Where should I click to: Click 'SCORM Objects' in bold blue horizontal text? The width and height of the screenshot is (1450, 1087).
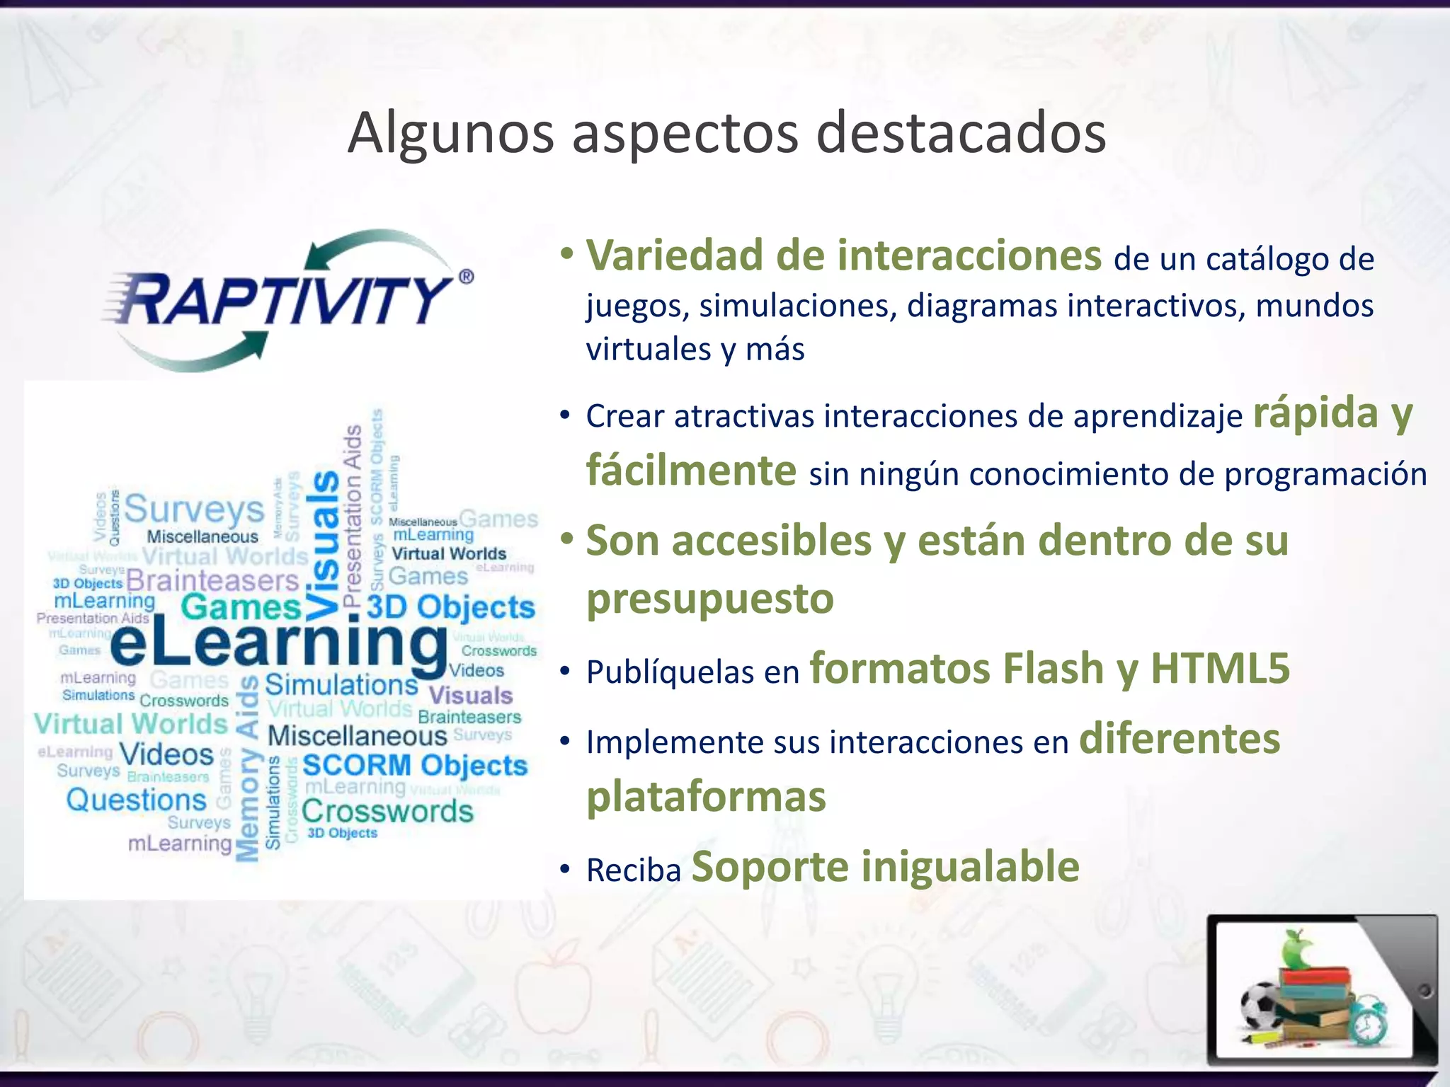point(415,766)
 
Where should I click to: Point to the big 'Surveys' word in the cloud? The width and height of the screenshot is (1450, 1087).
point(194,510)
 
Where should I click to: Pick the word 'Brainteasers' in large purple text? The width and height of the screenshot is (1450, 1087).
point(212,581)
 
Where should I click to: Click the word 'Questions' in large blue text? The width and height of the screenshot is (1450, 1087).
point(136,800)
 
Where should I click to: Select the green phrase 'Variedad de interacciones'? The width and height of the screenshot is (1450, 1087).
point(843,255)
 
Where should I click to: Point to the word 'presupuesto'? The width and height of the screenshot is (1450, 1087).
point(710,599)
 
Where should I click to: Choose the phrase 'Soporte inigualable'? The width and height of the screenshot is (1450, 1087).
point(885,867)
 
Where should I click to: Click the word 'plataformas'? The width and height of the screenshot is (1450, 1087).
point(706,797)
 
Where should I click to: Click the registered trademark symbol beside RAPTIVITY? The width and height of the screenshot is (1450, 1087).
point(466,277)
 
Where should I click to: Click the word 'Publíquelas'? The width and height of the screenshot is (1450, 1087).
point(670,672)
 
